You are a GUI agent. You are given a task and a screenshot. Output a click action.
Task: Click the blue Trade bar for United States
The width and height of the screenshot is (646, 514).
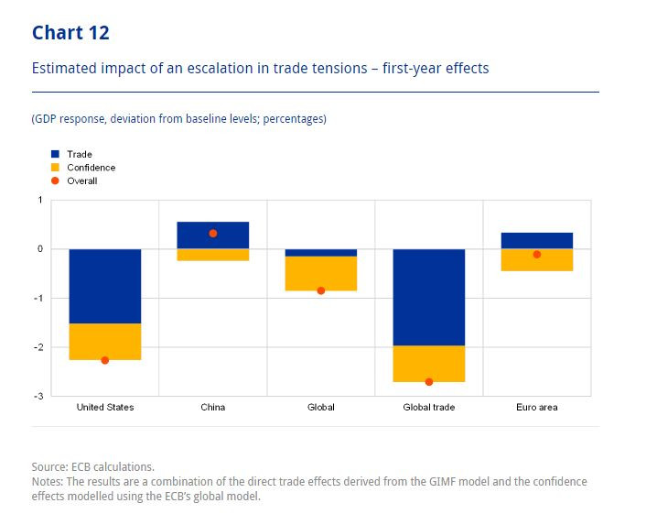tap(105, 286)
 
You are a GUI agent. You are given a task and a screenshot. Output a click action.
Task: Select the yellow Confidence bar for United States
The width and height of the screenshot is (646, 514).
tap(105, 342)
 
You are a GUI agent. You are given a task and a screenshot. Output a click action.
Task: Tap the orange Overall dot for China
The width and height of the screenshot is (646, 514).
tap(213, 234)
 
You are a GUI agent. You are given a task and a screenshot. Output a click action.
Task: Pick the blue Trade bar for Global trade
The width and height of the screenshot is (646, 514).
tap(429, 297)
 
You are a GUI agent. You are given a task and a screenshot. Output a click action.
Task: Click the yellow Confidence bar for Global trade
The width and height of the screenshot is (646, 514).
tap(429, 364)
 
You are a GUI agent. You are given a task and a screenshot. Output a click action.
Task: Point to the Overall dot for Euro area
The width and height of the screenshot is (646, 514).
tap(537, 255)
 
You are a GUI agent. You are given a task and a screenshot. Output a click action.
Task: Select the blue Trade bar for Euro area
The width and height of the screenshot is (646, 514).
tap(537, 240)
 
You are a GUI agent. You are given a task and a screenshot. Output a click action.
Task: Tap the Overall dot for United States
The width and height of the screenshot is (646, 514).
tap(105, 360)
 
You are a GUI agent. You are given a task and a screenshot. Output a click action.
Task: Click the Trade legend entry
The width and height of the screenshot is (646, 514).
tap(80, 155)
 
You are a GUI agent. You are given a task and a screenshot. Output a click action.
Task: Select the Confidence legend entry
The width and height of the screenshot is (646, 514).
tap(91, 168)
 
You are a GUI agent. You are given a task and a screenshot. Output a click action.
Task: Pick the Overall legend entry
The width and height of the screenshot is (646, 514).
tap(82, 180)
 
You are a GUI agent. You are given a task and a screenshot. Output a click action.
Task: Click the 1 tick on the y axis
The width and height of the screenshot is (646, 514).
tap(40, 200)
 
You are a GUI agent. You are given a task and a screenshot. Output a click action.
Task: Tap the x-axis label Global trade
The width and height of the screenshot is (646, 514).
tap(429, 407)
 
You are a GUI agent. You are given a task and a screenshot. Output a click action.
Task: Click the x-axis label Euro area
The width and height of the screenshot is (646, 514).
tap(537, 407)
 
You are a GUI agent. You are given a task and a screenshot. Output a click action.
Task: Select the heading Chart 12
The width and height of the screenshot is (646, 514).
tap(70, 33)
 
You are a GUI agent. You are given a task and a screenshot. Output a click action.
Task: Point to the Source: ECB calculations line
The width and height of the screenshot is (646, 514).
tap(93, 466)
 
